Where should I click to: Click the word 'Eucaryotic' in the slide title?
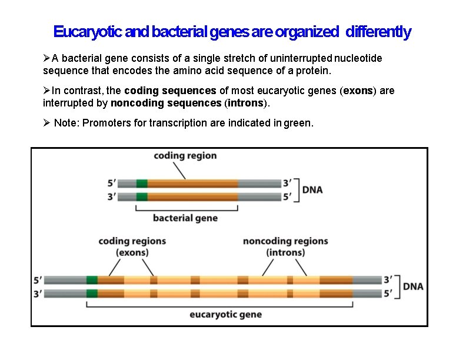click(88, 32)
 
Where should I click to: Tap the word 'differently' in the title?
click(379, 32)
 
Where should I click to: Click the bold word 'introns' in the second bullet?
click(246, 104)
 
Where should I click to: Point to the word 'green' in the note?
click(297, 124)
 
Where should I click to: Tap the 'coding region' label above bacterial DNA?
click(185, 156)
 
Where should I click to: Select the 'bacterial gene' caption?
click(185, 218)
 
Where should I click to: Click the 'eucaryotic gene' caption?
click(225, 314)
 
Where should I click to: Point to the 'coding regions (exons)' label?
click(132, 246)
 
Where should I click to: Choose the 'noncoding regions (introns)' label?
click(285, 246)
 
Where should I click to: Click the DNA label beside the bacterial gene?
click(312, 190)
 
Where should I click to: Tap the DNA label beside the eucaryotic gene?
click(412, 286)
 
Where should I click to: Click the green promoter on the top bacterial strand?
click(142, 184)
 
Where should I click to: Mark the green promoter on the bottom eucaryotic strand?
click(92, 293)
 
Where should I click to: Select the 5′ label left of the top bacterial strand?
click(111, 184)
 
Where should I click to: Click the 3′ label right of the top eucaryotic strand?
click(388, 280)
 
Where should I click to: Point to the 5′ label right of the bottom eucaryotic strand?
click(388, 293)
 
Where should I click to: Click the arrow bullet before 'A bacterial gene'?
click(47, 58)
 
